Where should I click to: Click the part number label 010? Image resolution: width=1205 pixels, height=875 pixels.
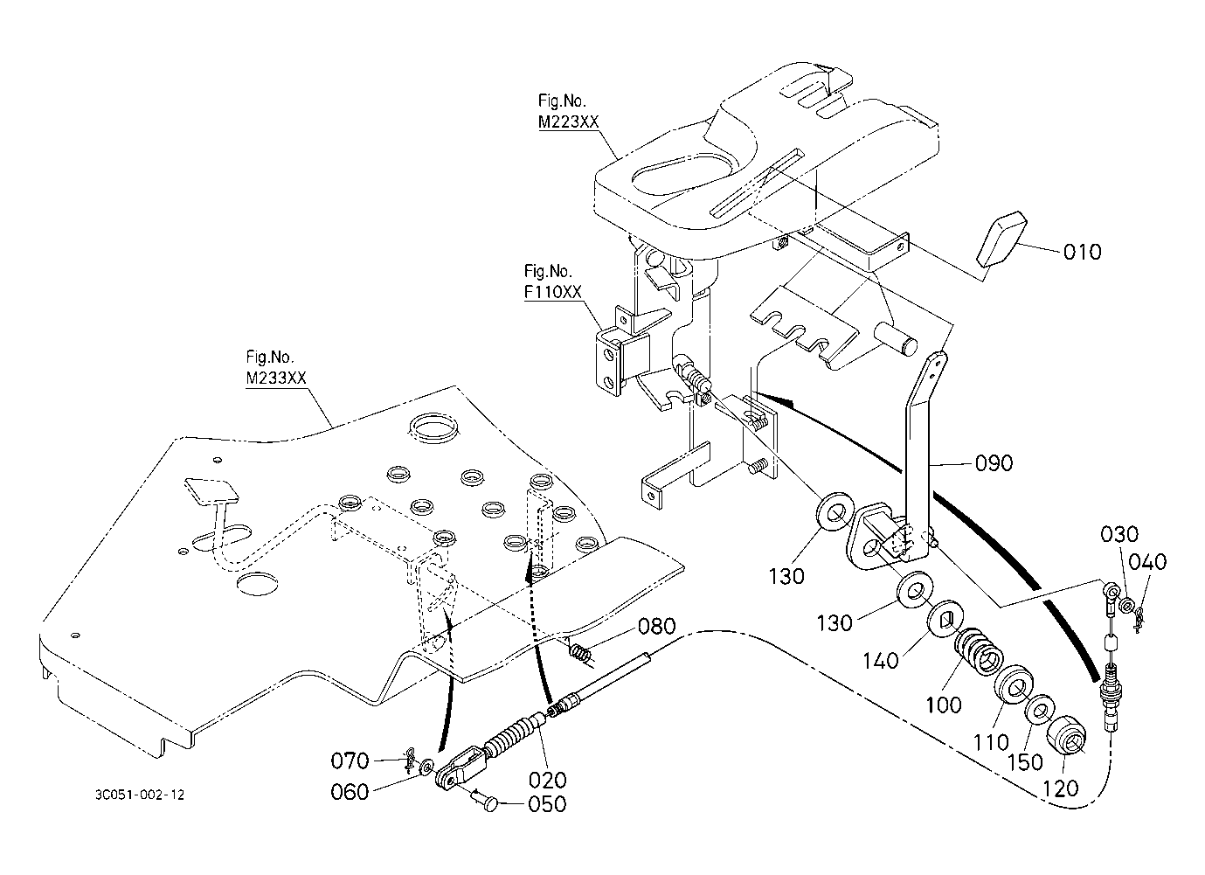[1083, 252]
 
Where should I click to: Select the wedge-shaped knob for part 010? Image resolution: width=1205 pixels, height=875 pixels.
[1001, 239]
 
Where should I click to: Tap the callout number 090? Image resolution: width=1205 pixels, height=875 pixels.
[994, 463]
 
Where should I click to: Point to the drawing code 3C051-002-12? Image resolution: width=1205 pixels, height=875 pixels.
[140, 795]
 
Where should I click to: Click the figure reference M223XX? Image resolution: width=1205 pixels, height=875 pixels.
[568, 122]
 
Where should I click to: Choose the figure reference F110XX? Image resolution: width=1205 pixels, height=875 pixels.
[553, 292]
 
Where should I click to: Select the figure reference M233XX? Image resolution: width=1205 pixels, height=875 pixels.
[276, 378]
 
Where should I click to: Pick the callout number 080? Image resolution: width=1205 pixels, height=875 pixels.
[657, 627]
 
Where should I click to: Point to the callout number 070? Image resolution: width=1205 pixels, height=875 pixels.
[350, 760]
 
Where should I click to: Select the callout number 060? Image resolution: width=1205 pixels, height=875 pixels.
[350, 792]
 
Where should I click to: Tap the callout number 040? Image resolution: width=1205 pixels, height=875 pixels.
[1147, 562]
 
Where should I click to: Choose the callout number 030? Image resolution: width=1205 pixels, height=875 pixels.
[1119, 534]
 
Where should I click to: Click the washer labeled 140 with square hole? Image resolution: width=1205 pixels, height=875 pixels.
[945, 620]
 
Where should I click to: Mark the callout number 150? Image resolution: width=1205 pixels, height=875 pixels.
[1025, 762]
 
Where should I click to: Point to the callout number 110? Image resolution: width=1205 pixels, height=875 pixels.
[991, 743]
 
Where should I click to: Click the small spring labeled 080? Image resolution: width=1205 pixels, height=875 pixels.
[581, 653]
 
